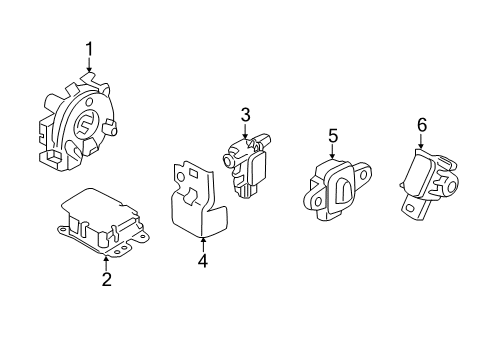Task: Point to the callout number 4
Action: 202,261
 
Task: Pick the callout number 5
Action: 334,133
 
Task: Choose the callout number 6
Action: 421,124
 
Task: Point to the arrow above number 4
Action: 202,241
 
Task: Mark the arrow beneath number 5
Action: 334,152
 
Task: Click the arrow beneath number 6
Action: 421,142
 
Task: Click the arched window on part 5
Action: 341,190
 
